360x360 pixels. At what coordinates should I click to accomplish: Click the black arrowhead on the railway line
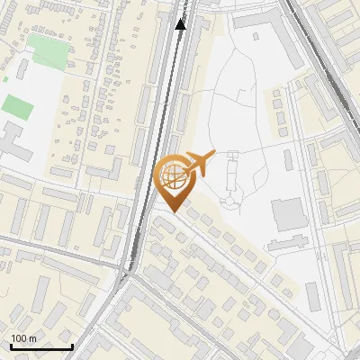pyautogui.click(x=181, y=23)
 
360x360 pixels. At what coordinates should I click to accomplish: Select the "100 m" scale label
pyautogui.click(x=23, y=338)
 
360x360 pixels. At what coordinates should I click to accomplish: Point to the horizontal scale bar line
pyautogui.click(x=41, y=346)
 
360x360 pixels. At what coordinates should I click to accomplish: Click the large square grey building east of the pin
pyautogui.click(x=289, y=214)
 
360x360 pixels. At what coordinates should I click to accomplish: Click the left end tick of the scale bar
pyautogui.click(x=11, y=346)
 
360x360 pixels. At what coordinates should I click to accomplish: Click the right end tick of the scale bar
pyautogui.click(x=72, y=346)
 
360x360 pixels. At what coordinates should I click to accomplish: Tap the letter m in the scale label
pyautogui.click(x=32, y=338)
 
